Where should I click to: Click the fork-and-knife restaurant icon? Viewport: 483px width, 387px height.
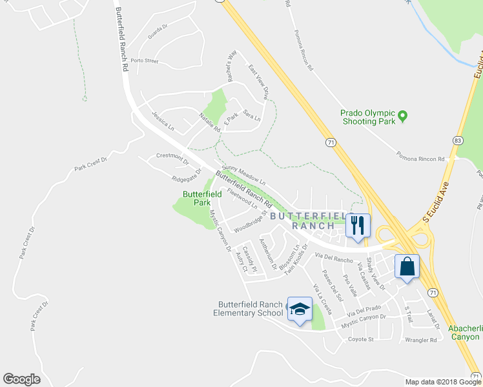click(x=358, y=225)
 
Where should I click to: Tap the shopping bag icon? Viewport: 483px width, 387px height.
click(x=407, y=266)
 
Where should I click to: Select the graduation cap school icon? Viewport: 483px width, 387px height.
click(x=300, y=310)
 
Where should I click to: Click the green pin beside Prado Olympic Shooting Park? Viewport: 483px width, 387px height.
click(x=403, y=117)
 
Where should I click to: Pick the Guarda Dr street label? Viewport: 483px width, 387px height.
click(x=158, y=32)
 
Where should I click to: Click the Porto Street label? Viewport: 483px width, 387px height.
click(x=144, y=61)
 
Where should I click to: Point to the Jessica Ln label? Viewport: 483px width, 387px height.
click(x=163, y=120)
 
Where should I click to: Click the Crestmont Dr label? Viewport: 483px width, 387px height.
click(x=172, y=157)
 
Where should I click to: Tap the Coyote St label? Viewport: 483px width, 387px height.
click(x=361, y=339)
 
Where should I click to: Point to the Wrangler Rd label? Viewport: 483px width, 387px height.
click(x=421, y=339)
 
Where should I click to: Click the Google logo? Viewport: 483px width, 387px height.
click(x=21, y=379)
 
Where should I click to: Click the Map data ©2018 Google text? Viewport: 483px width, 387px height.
click(x=443, y=382)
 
